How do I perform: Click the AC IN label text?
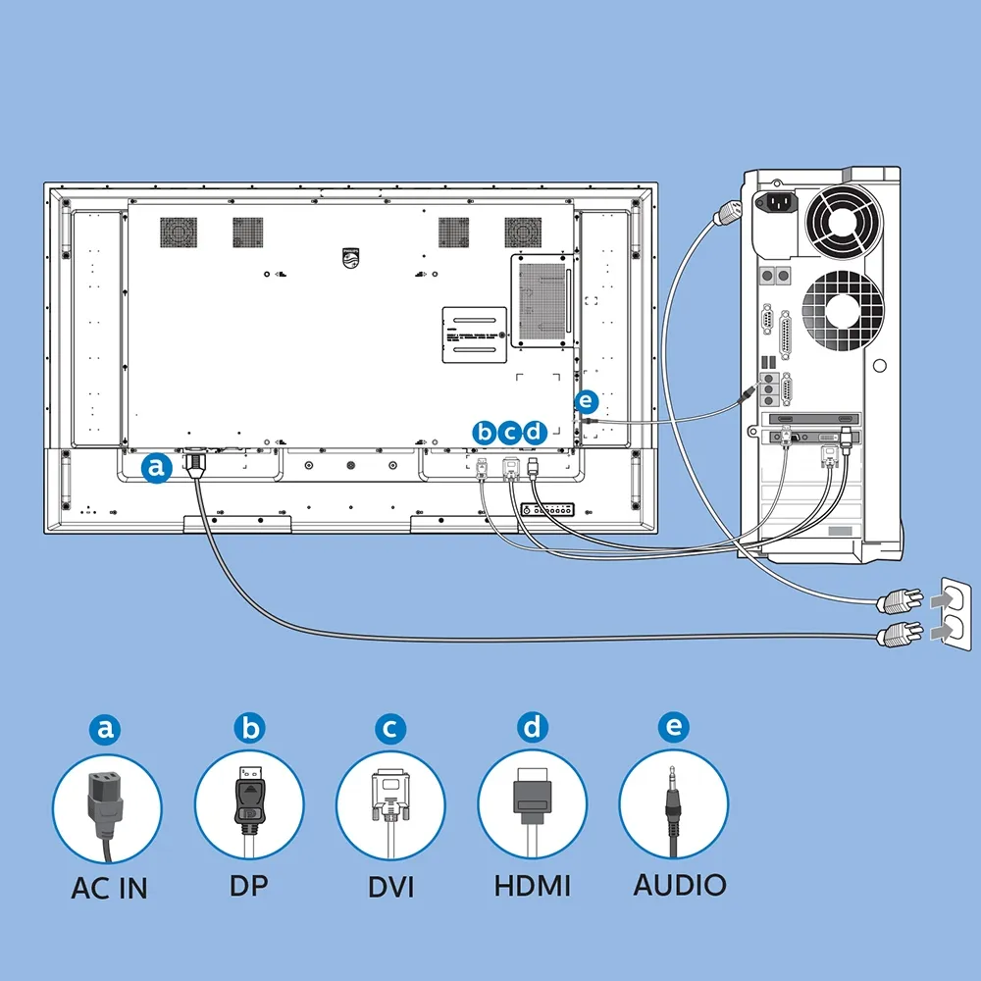(x=109, y=889)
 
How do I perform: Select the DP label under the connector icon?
(x=248, y=885)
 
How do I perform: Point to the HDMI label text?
(x=533, y=886)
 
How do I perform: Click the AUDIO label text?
(x=680, y=885)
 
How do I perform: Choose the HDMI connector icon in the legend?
(x=532, y=800)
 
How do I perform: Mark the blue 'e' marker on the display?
(x=586, y=401)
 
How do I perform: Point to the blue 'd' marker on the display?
(x=534, y=432)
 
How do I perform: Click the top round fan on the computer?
(x=842, y=222)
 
